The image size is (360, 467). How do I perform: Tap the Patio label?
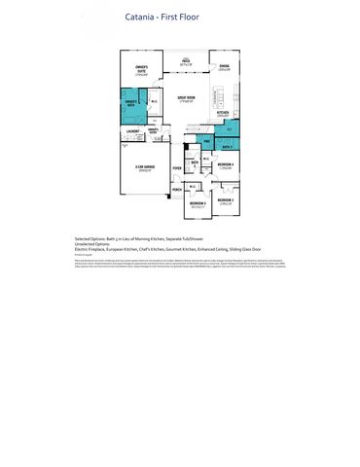tap(185, 61)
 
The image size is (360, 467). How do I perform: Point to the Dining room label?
tap(224, 68)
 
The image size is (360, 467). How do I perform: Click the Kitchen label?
tap(223, 113)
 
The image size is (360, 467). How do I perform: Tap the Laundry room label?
tap(132, 130)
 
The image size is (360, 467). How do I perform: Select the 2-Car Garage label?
tap(144, 168)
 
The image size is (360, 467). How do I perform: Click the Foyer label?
tap(177, 167)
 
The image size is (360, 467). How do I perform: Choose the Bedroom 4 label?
tap(225, 165)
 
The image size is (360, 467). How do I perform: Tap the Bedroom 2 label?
tap(198, 204)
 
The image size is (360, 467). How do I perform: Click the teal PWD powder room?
tap(207, 142)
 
